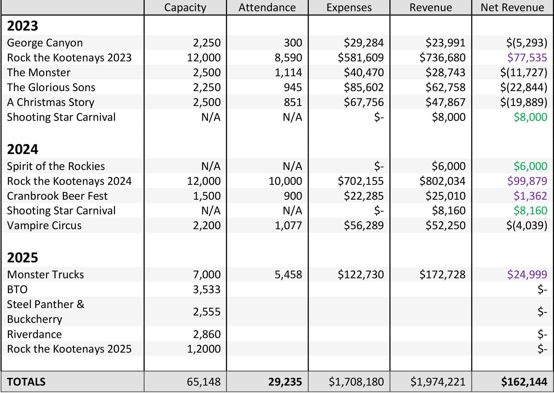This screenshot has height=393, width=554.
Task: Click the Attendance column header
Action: pyautogui.click(x=267, y=7)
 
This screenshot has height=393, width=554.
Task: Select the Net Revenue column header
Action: pyautogui.click(x=512, y=7)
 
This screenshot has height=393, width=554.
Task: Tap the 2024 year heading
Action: pyautogui.click(x=23, y=149)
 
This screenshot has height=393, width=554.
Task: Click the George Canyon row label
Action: pyautogui.click(x=45, y=43)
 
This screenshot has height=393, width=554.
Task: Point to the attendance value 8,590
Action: pyautogui.click(x=288, y=58)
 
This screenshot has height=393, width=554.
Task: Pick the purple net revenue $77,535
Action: pyautogui.click(x=527, y=58)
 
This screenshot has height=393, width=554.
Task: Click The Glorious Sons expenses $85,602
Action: pyautogui.click(x=364, y=87)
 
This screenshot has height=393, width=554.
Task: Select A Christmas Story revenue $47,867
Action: pyautogui.click(x=445, y=102)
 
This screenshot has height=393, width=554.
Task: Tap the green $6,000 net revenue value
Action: pyautogui.click(x=530, y=166)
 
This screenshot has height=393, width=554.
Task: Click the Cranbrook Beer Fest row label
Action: pyautogui.click(x=57, y=196)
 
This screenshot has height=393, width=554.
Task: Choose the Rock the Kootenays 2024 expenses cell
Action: pyautogui.click(x=361, y=181)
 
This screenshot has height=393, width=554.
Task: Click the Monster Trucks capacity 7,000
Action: pyautogui.click(x=207, y=275)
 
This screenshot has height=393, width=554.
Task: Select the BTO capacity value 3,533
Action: pyautogui.click(x=207, y=289)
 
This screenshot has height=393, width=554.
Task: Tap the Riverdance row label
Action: pyautogui.click(x=34, y=334)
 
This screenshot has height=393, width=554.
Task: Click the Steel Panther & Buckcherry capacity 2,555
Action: pyautogui.click(x=207, y=312)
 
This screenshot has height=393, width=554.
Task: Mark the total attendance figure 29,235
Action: pyautogui.click(x=285, y=382)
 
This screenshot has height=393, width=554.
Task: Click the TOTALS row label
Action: pyautogui.click(x=26, y=382)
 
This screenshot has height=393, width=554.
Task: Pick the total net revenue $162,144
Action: pyautogui.click(x=524, y=382)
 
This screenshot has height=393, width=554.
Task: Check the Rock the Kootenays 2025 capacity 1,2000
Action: pyautogui.click(x=204, y=349)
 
